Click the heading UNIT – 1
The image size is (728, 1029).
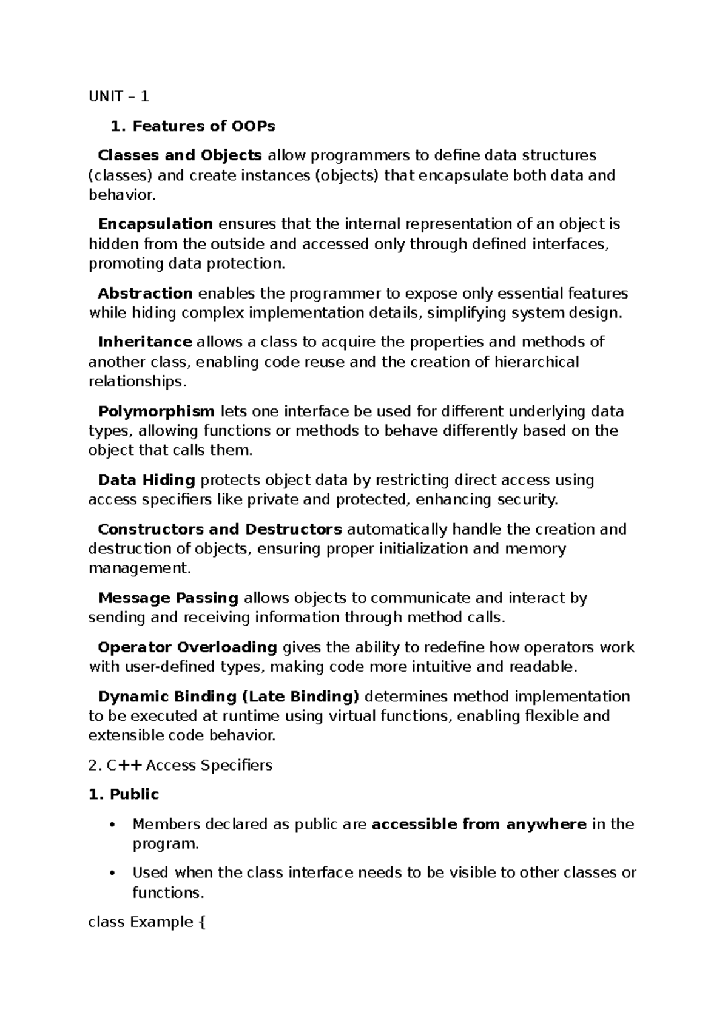point(118,96)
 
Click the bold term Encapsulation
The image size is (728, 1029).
point(155,224)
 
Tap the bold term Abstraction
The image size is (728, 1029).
point(145,294)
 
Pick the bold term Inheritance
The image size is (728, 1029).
point(145,342)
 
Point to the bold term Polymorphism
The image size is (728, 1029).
point(157,411)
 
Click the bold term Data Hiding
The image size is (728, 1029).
point(146,481)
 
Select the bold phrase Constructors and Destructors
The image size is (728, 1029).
point(220,529)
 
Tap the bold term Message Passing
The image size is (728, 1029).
point(168,598)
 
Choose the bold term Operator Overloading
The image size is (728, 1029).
point(187,647)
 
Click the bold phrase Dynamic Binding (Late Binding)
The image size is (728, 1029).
point(229,696)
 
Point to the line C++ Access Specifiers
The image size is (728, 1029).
point(180,765)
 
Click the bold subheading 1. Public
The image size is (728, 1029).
point(124,795)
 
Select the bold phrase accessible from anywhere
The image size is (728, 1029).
point(479,825)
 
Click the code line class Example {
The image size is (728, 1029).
point(147,923)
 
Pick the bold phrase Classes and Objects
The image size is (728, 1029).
point(180,156)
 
